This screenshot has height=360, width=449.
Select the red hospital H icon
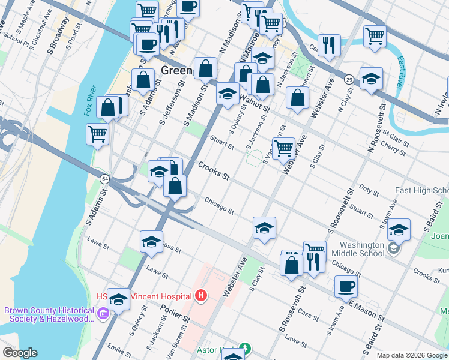click(x=200, y=296)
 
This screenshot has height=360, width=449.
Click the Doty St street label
click(x=369, y=191)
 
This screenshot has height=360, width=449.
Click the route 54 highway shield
click(x=104, y=179)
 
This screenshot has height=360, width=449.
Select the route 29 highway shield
click(x=348, y=79)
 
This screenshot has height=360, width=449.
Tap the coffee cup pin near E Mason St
click(x=346, y=286)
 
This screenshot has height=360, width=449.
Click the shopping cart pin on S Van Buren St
click(x=283, y=147)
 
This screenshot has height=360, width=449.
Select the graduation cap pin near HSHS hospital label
click(x=119, y=298)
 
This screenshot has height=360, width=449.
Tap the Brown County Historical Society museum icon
click(x=102, y=313)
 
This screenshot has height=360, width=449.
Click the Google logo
click(x=20, y=352)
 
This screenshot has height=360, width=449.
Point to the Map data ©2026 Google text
click(x=412, y=355)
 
